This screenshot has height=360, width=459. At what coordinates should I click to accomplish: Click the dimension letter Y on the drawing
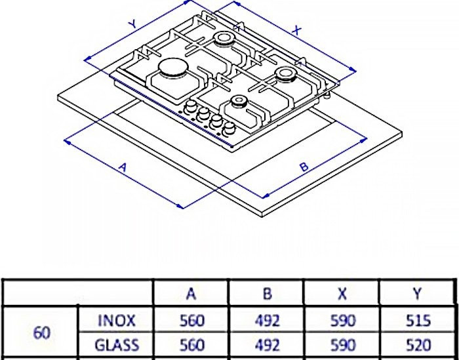point(132,24)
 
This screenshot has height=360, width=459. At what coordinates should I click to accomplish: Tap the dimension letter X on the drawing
point(297,30)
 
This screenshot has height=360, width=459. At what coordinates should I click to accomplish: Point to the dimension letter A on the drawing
point(121,168)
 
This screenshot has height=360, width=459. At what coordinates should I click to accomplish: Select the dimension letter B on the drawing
point(304,168)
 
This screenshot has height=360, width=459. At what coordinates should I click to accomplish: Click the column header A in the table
point(191,294)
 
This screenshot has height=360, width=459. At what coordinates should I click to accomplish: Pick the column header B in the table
point(267,294)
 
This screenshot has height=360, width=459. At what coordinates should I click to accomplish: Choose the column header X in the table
point(342,294)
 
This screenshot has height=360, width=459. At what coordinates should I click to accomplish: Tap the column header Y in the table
point(417,294)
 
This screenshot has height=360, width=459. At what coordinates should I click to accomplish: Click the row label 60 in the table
point(41,332)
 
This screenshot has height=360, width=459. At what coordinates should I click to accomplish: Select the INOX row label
point(116,321)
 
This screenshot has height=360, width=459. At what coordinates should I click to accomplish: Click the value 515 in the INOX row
point(417,321)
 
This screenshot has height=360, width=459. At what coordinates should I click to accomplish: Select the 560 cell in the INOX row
point(191,321)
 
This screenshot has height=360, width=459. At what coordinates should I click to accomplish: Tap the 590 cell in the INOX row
point(342,321)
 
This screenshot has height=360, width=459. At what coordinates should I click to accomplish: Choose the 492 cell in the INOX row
point(267,321)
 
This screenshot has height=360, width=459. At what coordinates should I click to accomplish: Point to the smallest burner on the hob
point(237,102)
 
